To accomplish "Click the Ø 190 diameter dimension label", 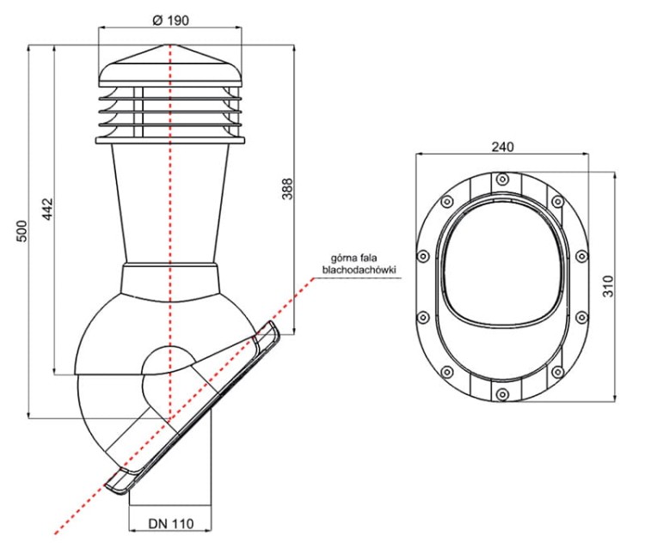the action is pyautogui.click(x=170, y=20).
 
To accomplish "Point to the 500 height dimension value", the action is pyautogui.click(x=21, y=231).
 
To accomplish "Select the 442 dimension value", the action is pyautogui.click(x=47, y=209).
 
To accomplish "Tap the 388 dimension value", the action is pyautogui.click(x=287, y=189).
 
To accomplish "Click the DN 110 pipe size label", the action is pyautogui.click(x=171, y=523).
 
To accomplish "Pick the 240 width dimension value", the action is pyautogui.click(x=503, y=146).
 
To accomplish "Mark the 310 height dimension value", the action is pyautogui.click(x=607, y=286).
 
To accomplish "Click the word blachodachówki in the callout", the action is pyautogui.click(x=359, y=270).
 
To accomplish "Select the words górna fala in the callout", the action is pyautogui.click(x=353, y=259).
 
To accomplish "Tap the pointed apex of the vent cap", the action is pyautogui.click(x=169, y=45).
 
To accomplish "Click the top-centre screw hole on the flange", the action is pyautogui.click(x=502, y=180).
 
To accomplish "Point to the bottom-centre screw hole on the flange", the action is pyautogui.click(x=502, y=394).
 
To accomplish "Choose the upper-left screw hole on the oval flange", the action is pyautogui.click(x=446, y=202).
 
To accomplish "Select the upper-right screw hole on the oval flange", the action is pyautogui.click(x=557, y=202).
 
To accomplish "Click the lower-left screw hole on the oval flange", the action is pyautogui.click(x=446, y=372).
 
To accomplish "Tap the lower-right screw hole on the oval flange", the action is pyautogui.click(x=557, y=372).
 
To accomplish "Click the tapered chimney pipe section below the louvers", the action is pyautogui.click(x=170, y=204).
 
